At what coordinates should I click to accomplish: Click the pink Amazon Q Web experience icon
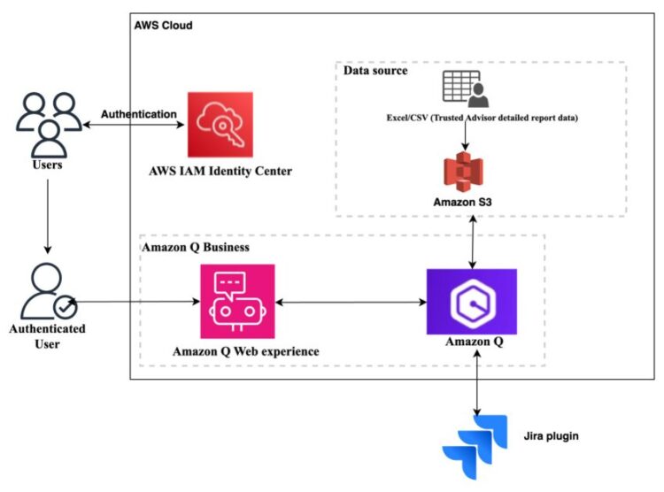coord(236,301)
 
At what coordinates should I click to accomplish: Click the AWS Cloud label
coord(163,26)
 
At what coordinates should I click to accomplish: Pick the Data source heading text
coord(375,71)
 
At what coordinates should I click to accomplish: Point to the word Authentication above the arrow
coord(138,114)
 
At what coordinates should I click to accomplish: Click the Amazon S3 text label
coord(462,202)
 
